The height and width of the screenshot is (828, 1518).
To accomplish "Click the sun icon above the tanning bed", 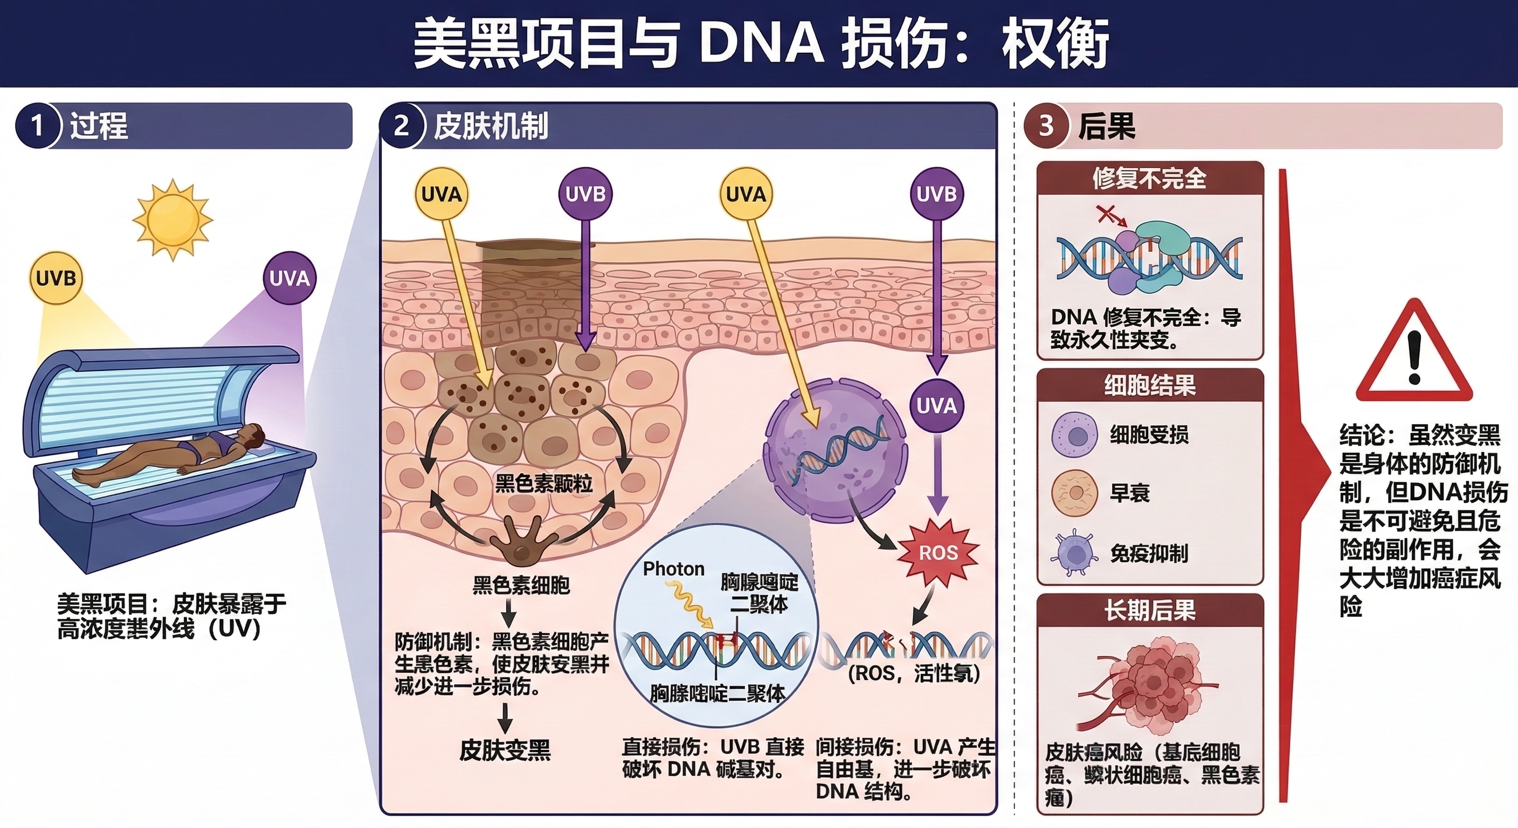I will [172, 219].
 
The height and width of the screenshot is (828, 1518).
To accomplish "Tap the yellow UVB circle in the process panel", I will [56, 278].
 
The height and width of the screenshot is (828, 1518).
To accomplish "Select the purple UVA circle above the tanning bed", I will [289, 278].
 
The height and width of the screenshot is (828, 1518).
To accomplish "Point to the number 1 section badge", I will [37, 126].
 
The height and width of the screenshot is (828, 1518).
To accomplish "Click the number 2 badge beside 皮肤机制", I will [401, 126].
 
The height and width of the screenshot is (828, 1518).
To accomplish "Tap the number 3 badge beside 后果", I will [1046, 126].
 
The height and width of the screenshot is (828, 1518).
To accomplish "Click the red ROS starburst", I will [938, 552].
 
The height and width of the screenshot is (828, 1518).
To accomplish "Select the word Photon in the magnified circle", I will [673, 569].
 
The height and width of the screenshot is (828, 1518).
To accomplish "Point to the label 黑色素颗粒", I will [543, 484].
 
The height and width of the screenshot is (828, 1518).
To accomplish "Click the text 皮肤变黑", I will [505, 750].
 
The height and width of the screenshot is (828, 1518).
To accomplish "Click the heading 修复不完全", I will [1149, 178].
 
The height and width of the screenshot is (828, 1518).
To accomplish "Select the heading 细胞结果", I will [1149, 385].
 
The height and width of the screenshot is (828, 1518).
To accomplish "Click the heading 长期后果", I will [1149, 611].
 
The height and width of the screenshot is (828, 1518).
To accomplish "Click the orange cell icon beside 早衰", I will [1075, 493].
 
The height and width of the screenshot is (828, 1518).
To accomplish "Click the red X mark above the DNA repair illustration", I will [1106, 215].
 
